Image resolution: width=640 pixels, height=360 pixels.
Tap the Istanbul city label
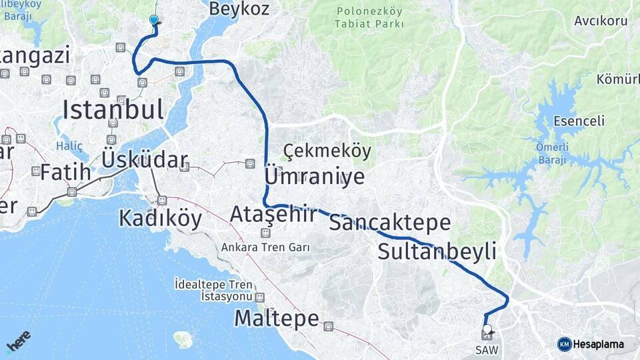pyautogui.click(x=113, y=109)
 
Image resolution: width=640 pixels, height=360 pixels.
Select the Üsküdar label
pyautogui.click(x=144, y=160)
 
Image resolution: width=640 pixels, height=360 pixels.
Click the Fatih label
pyautogui.click(x=65, y=172)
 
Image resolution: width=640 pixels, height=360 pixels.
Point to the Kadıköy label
pyautogui.click(x=160, y=218)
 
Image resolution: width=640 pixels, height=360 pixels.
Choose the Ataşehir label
pyautogui.click(x=273, y=215)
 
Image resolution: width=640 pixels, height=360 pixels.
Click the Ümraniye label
pyautogui.click(x=315, y=177)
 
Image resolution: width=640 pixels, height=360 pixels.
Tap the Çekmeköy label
pyautogui.click(x=327, y=151)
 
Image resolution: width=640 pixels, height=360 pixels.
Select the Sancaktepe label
pyautogui.click(x=390, y=223)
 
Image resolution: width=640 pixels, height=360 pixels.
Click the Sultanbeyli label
pyautogui.click(x=437, y=252)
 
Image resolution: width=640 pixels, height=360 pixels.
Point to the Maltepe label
pyautogui.click(x=276, y=319)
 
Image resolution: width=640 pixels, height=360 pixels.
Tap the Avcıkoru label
pyautogui.click(x=601, y=21)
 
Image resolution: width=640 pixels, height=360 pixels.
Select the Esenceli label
pyautogui.click(x=579, y=121)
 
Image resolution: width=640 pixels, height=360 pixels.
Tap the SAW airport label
pyautogui.click(x=486, y=349)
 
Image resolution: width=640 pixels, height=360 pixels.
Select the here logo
pyautogui.click(x=19, y=341)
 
